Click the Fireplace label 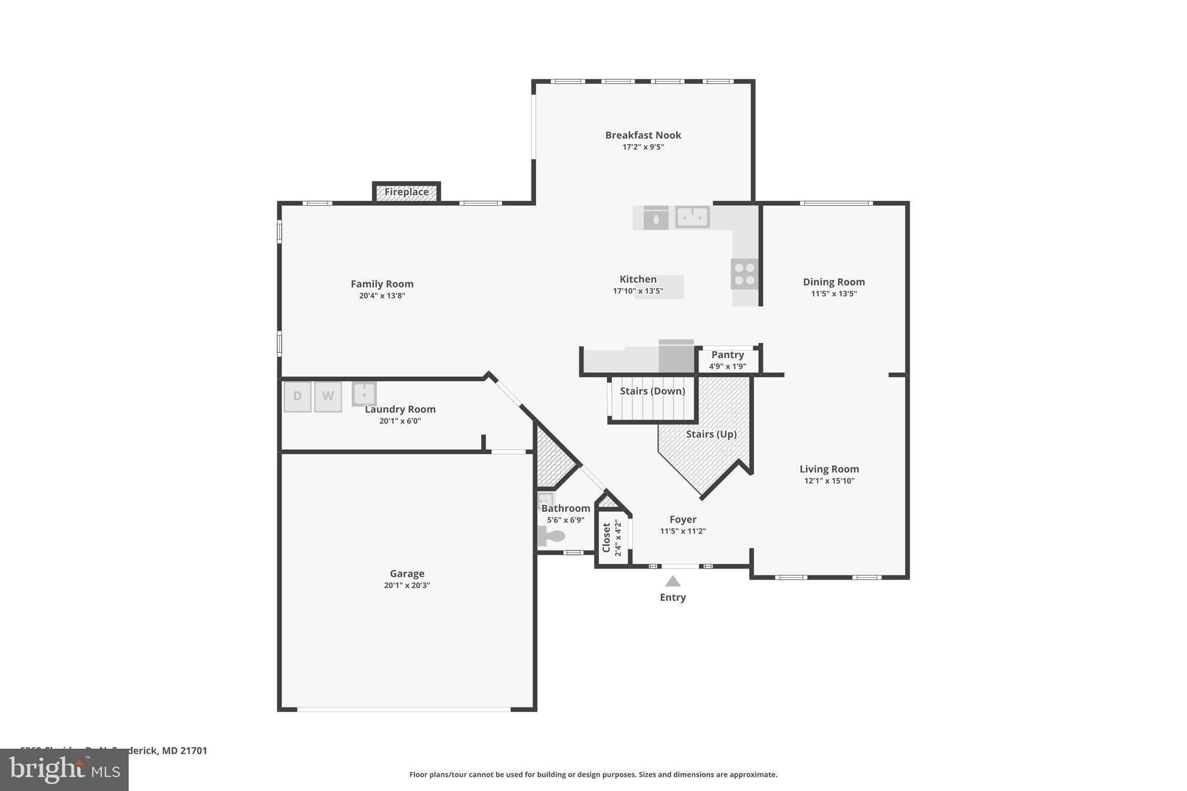tap(406, 192)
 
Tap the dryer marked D tap(297, 396)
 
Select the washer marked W tap(327, 396)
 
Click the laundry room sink tap(364, 393)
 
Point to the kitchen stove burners tap(744, 274)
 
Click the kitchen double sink tap(692, 217)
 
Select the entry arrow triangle tap(672, 581)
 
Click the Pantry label tap(727, 355)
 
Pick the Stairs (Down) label tap(652, 391)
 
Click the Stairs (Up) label tap(711, 434)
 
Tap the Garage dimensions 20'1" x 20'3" tap(407, 585)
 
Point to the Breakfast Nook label tap(643, 135)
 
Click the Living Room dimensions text tap(829, 481)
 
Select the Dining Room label tap(833, 282)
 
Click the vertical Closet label tap(606, 538)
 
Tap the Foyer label tap(683, 520)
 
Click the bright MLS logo tap(64, 770)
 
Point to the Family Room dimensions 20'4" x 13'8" tap(382, 296)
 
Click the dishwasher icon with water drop tap(656, 218)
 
